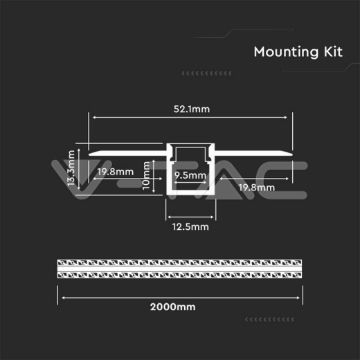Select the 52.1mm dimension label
tap(191, 108)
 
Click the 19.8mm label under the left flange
tap(115, 172)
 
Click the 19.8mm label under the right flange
tap(255, 187)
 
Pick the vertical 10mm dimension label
tap(146, 176)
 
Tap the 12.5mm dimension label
tap(190, 226)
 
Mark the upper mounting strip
tap(180, 264)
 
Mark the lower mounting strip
tap(180, 275)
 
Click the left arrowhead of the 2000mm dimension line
tap(64, 298)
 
